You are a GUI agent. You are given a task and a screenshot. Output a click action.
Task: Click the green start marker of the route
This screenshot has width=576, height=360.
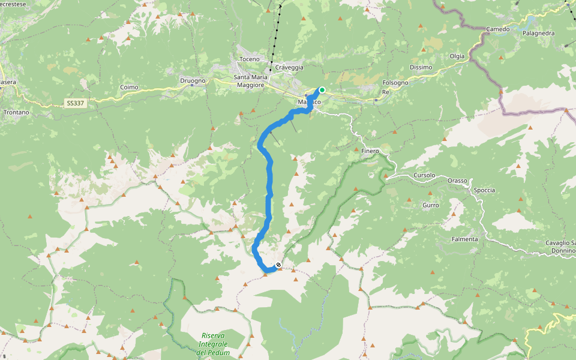[x=322, y=90]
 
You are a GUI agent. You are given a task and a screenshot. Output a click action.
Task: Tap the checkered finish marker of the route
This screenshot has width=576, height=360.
[x=278, y=265]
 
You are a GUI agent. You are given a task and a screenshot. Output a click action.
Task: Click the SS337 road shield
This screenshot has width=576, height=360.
[x=76, y=104]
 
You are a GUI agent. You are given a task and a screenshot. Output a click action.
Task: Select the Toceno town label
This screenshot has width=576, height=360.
[x=249, y=59]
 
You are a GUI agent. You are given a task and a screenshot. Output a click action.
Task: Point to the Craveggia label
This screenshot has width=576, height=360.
[x=290, y=67]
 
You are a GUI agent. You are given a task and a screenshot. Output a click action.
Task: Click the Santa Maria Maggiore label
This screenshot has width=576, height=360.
[x=250, y=82]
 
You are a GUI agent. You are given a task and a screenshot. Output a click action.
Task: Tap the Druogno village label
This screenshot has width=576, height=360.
[x=193, y=80]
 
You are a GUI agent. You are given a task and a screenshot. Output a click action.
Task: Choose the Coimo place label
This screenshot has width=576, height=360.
[x=129, y=87]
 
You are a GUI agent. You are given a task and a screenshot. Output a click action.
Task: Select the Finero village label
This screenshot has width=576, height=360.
[x=370, y=151]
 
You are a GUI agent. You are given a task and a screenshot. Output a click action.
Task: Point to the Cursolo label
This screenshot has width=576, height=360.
[x=424, y=175]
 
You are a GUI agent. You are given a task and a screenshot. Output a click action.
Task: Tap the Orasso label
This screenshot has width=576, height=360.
[x=457, y=181]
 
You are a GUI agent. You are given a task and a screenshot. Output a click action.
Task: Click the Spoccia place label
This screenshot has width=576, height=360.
[x=484, y=190]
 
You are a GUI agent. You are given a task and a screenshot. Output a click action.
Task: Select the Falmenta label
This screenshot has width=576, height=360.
[x=465, y=239]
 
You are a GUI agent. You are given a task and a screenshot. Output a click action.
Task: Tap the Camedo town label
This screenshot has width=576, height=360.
[x=497, y=29]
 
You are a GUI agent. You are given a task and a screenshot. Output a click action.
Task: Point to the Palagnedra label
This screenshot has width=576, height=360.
[x=538, y=34]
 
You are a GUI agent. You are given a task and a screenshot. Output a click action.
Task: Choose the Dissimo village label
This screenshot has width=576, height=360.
[x=421, y=67]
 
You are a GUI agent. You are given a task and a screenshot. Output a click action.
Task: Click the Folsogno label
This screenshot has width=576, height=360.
[x=395, y=82]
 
